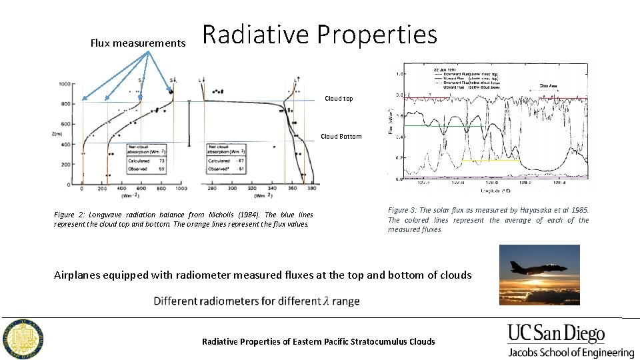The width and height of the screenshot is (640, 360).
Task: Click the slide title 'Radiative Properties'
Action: [x=319, y=35]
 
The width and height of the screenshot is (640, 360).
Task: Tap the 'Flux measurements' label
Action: [x=138, y=43]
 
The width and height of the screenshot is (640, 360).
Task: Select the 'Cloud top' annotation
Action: [x=339, y=99]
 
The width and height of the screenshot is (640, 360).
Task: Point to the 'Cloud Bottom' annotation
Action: [x=341, y=137]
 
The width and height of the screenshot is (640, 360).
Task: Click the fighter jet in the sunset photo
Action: [x=529, y=266]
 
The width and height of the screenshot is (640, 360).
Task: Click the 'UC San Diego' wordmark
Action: [x=556, y=333]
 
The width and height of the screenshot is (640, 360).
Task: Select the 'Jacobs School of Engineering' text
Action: [x=571, y=353]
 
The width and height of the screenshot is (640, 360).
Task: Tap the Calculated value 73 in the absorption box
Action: [x=162, y=161]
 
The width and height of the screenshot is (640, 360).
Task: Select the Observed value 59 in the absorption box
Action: [x=162, y=169]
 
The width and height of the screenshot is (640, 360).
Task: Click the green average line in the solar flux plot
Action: [x=443, y=125]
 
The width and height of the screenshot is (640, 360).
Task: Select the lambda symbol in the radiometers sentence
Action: [x=326, y=301]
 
